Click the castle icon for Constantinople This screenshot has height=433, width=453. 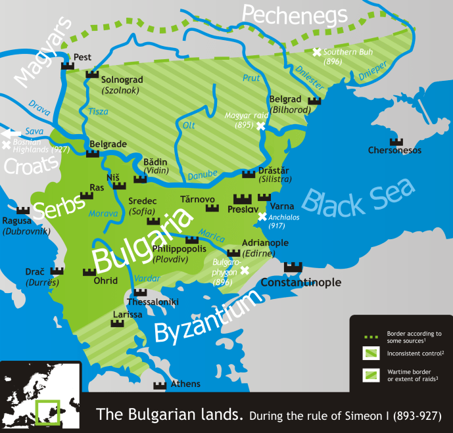coord(293,267)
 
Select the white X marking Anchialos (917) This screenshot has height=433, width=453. coord(262,217)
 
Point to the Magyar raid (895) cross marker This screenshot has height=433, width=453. coord(260,125)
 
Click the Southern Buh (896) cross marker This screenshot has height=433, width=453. coord(317,52)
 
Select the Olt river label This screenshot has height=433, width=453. coord(189,125)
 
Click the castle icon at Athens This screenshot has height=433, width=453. coord(159,385)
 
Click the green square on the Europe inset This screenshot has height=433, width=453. coord(47,412)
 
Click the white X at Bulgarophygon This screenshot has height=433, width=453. coord(245,270)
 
